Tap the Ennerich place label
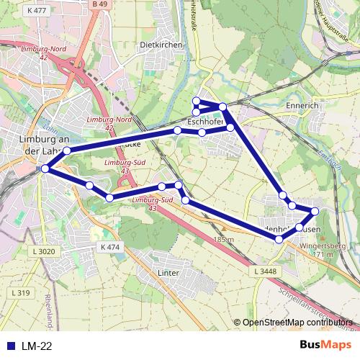point(302,106)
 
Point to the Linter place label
point(168,274)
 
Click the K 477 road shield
point(34,11)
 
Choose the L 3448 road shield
point(266,270)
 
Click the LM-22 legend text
point(37,346)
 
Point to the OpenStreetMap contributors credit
point(297,323)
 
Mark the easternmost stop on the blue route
point(315,211)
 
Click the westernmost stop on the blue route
point(45,168)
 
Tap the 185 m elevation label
point(224,240)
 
